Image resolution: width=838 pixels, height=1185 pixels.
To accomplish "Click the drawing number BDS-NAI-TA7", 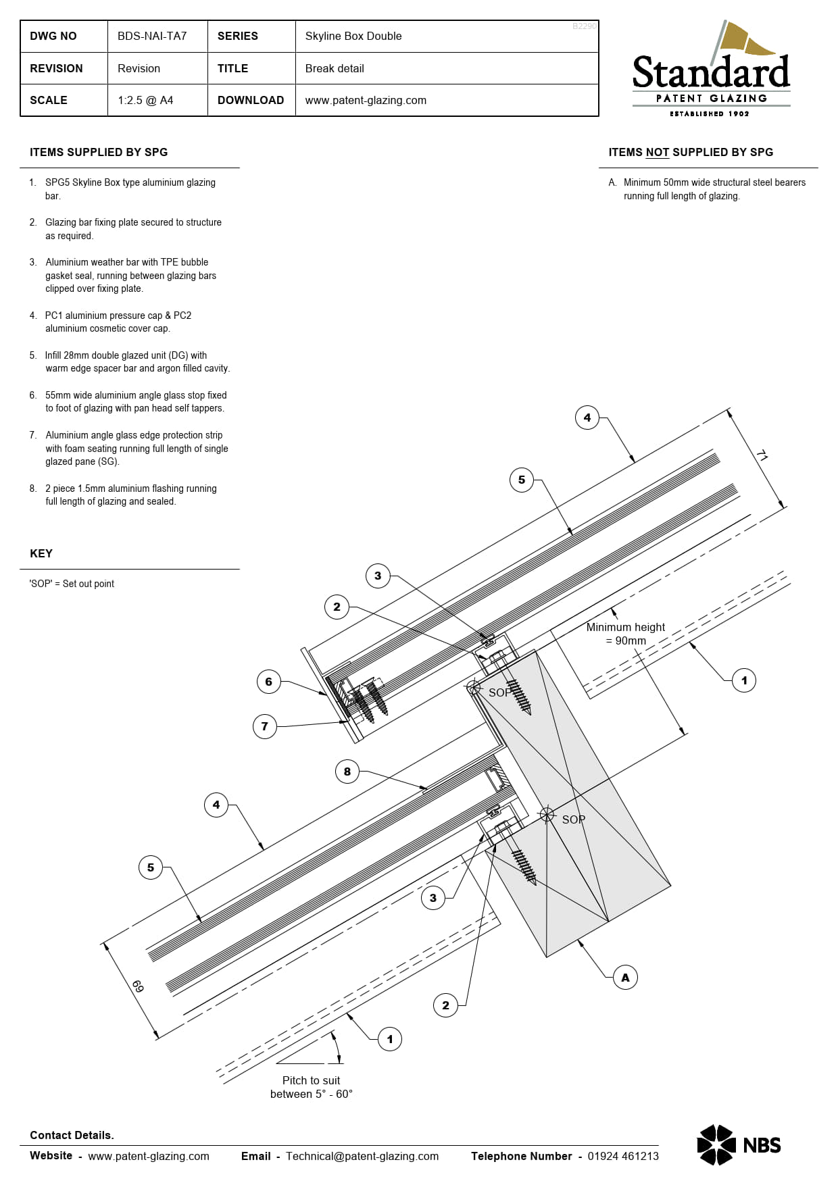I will (152, 36).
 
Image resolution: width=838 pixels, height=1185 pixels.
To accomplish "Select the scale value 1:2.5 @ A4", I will (145, 101).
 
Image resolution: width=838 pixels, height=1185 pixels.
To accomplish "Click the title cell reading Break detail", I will (335, 69).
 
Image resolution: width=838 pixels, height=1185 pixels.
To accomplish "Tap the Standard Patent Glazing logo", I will (711, 71).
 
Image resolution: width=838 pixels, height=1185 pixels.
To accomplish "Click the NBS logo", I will (739, 1145).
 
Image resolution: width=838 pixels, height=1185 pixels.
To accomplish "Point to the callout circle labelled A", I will (625, 978).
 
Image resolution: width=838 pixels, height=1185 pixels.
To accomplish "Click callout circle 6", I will (268, 682).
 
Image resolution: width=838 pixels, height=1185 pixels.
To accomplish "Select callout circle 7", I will (264, 726).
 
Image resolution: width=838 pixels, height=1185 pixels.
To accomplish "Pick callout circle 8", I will (347, 772).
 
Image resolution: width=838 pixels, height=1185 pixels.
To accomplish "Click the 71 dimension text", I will (762, 456).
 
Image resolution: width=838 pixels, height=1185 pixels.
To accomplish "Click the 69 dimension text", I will (137, 986).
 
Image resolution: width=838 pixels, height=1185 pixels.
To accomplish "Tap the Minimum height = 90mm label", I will (626, 634).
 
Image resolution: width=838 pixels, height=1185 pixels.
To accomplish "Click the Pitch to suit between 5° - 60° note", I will (311, 1087).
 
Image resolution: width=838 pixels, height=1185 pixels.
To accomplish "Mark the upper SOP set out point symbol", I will (474, 688).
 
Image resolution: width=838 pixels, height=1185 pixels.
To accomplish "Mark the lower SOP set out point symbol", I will (547, 814).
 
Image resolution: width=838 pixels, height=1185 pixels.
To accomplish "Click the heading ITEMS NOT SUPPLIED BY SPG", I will (691, 153).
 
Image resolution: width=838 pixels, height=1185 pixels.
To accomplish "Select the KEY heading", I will (41, 553).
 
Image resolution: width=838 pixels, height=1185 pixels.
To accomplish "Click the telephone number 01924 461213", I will (622, 1156).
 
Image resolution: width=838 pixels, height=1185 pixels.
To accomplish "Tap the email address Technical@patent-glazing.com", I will (362, 1156).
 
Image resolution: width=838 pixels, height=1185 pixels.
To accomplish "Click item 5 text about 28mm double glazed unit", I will (137, 362).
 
